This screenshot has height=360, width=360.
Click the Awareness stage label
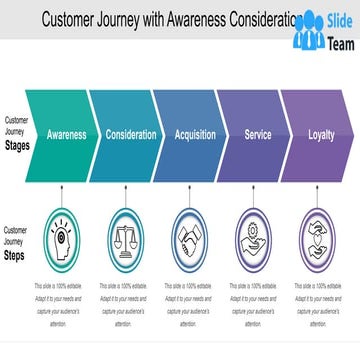[66, 134]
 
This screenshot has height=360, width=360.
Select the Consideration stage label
[131, 134]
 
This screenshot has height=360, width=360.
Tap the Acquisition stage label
[195, 134]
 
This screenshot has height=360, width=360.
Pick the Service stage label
[258, 134]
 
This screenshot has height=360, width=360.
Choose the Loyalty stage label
[321, 134]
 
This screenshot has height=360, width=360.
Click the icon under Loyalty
[321, 240]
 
